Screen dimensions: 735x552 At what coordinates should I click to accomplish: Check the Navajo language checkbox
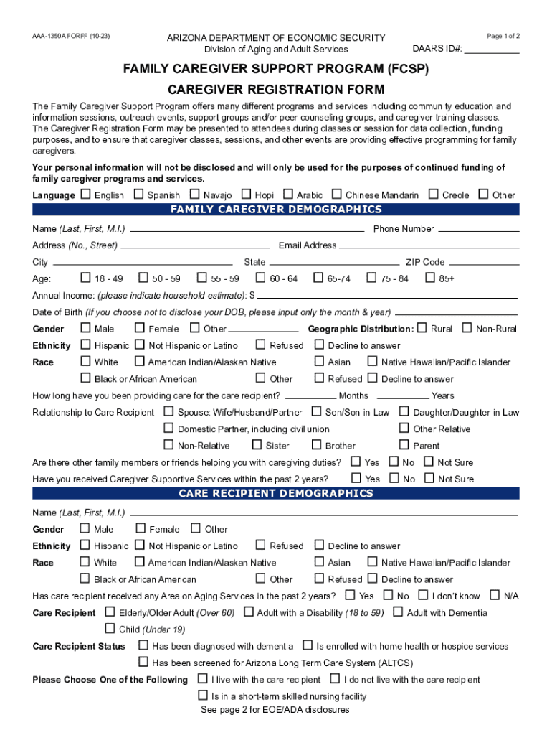(x=194, y=195)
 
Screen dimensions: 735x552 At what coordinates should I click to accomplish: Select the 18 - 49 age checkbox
(x=85, y=278)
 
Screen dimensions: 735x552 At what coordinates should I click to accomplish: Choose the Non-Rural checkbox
(x=467, y=328)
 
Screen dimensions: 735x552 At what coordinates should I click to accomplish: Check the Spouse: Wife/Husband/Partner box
(x=168, y=412)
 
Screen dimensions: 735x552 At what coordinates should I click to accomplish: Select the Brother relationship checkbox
(x=316, y=445)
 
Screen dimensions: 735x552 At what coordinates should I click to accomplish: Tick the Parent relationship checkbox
(x=404, y=445)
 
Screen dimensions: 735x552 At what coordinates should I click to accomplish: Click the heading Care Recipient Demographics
(x=275, y=493)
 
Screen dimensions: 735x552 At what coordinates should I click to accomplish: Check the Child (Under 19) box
(x=110, y=629)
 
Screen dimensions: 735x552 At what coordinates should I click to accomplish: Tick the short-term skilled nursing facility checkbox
(x=202, y=696)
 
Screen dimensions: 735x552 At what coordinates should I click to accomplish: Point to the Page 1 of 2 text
(x=503, y=36)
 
